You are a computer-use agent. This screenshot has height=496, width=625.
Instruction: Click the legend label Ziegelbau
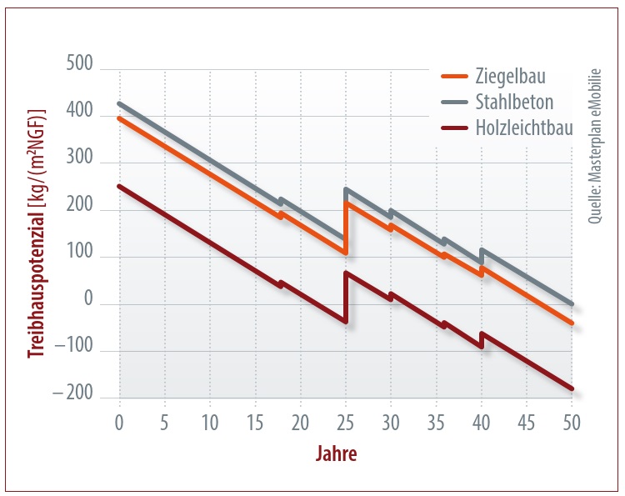coord(510,77)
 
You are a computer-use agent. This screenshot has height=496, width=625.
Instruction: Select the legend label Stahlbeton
coord(515,103)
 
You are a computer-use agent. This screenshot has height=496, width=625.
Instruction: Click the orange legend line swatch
coord(456,78)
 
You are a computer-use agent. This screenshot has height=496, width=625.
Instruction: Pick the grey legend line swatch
coord(456,103)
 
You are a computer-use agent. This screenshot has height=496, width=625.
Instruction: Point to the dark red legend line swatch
coord(456,129)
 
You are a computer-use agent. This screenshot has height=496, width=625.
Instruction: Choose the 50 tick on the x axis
coord(572,421)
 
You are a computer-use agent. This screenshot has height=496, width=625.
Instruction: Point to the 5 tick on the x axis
coord(165,421)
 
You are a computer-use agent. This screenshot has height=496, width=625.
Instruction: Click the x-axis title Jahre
coord(337,454)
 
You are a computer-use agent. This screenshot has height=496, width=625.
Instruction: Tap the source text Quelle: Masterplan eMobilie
coord(595,147)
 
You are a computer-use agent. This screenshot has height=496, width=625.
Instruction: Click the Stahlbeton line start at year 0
coord(120,103)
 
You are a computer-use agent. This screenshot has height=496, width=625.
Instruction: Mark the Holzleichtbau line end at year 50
coord(572,389)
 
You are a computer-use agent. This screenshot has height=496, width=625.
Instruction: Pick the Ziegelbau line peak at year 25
coord(346,203)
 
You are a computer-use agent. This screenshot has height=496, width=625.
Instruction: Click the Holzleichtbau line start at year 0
coord(120,186)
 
